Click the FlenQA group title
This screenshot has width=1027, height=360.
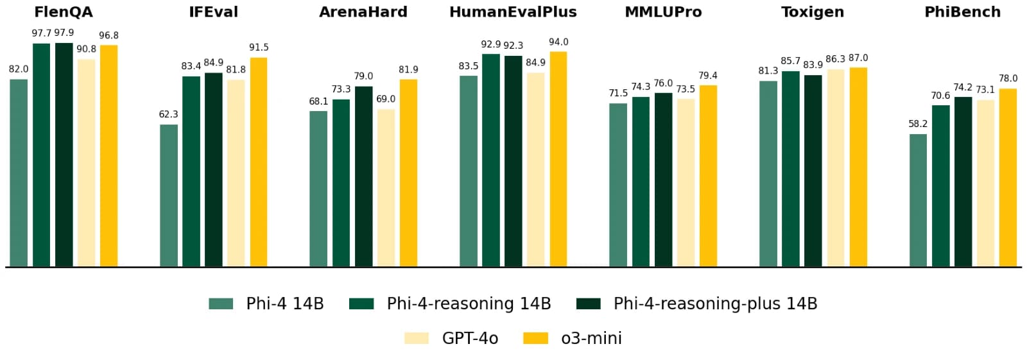63,12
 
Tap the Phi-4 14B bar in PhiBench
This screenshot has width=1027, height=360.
918,200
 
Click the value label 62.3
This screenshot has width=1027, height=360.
168,114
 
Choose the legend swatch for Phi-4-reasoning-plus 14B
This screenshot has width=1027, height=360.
589,304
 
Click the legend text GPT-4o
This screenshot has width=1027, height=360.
470,338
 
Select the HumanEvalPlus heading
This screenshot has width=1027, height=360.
513,12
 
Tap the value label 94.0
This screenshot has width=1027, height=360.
558,42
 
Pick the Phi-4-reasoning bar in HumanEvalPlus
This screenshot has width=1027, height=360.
491,160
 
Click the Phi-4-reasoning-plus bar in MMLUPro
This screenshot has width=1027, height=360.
664,180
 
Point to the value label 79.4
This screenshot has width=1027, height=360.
708,76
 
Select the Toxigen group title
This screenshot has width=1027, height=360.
813,12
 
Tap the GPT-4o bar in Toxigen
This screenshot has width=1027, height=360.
836,167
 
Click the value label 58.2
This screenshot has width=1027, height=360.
918,124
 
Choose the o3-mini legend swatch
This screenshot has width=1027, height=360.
536,338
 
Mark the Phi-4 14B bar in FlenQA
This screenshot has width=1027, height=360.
19,173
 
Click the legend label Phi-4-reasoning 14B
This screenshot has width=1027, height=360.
469,304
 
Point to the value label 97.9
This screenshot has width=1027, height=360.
64,33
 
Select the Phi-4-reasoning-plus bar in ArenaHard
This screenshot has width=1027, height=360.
363,176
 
